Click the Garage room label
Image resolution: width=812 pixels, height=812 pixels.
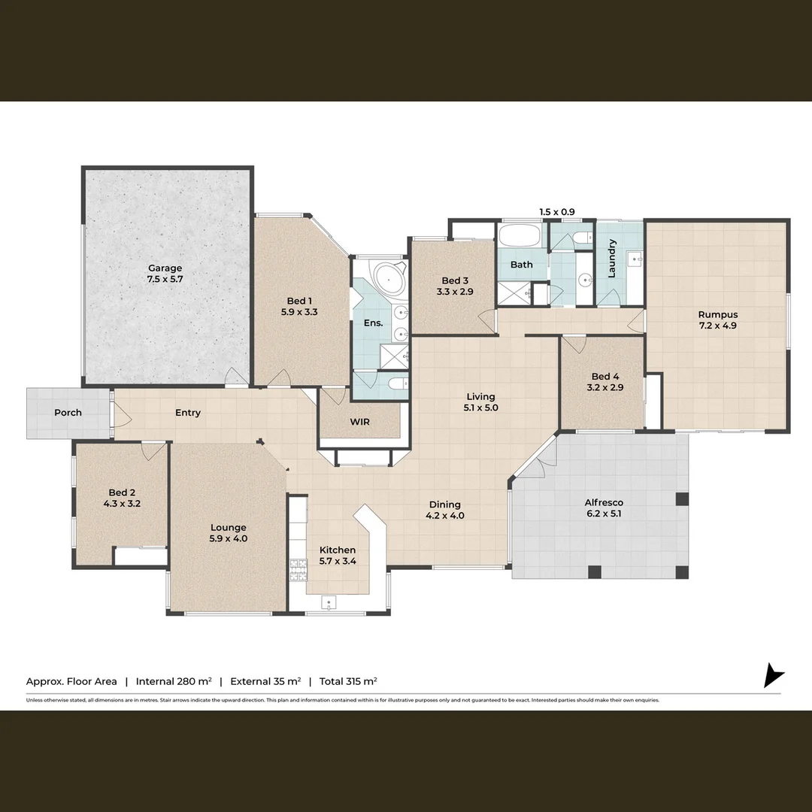click(x=165, y=268)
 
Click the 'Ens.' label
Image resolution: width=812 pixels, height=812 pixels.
click(x=374, y=323)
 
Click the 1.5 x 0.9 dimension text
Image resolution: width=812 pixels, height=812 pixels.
click(x=557, y=212)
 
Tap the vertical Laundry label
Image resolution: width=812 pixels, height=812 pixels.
click(x=612, y=258)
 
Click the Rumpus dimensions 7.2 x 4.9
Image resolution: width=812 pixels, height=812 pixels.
click(x=717, y=326)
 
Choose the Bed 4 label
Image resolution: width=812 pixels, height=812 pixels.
click(x=605, y=377)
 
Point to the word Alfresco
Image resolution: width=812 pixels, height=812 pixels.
click(x=604, y=502)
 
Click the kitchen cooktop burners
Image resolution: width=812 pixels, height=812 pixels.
click(x=297, y=570)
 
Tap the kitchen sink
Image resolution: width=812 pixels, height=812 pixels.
click(x=329, y=602)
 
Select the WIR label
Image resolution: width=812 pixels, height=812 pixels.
click(x=359, y=422)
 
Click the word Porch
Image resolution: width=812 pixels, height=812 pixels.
click(x=68, y=412)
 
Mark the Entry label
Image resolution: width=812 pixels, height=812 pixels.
click(x=188, y=412)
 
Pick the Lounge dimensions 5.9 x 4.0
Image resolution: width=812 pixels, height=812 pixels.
click(x=229, y=538)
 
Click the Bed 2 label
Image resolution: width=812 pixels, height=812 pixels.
click(x=122, y=492)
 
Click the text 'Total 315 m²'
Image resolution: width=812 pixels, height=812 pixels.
click(x=348, y=681)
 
